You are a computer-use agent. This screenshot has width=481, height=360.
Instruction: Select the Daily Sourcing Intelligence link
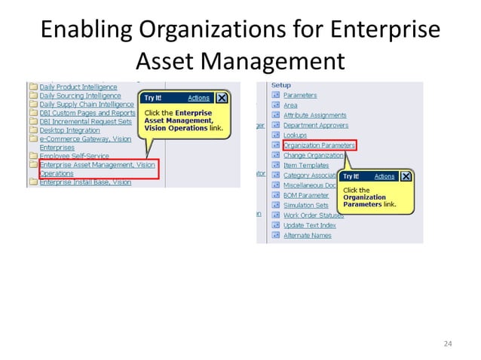[x=80, y=96]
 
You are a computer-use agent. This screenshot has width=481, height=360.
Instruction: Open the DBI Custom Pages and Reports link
[x=87, y=113]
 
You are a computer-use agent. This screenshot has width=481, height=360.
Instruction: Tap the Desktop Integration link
[x=69, y=130]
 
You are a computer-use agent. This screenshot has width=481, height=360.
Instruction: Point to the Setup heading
[x=280, y=85]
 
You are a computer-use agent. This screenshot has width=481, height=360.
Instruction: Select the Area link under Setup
[x=290, y=105]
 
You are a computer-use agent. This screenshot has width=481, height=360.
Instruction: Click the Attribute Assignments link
[x=314, y=115]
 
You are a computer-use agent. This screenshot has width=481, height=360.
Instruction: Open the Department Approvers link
[x=314, y=125]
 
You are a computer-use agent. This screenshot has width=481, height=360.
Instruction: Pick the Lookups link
[x=295, y=135]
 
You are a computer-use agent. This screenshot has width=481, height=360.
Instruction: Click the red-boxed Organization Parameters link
[x=319, y=145]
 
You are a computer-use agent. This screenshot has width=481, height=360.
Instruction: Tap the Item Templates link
[x=306, y=165]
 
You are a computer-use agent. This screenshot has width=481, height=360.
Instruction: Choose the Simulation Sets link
[x=305, y=205]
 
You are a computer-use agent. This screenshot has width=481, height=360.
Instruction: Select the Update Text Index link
[x=309, y=225]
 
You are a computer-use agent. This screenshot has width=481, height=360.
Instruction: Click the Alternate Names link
[x=307, y=235]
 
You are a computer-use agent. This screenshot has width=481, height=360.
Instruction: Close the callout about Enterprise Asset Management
[x=222, y=98]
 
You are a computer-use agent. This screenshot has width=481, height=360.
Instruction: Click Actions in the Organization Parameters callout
[x=384, y=176]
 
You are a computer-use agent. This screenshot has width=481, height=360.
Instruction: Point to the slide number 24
[x=448, y=344]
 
